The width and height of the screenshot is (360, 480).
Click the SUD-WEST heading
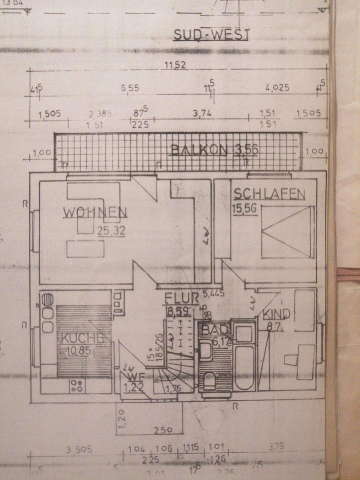pyautogui.click(x=210, y=35)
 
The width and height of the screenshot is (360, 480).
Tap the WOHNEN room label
pyautogui.click(x=95, y=212)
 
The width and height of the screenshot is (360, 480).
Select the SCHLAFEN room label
pyautogui.click(x=268, y=194)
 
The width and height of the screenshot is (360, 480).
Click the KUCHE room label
pyautogui.click(x=82, y=338)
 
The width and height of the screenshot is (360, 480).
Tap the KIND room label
pyautogui.click(x=276, y=315)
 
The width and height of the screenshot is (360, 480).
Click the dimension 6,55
pyautogui.click(x=129, y=88)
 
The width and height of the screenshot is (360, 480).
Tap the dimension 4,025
pyautogui.click(x=277, y=88)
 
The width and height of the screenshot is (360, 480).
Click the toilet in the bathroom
pyautogui.click(x=210, y=382)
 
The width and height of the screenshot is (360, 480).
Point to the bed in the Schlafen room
pyautogui.click(x=287, y=232)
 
